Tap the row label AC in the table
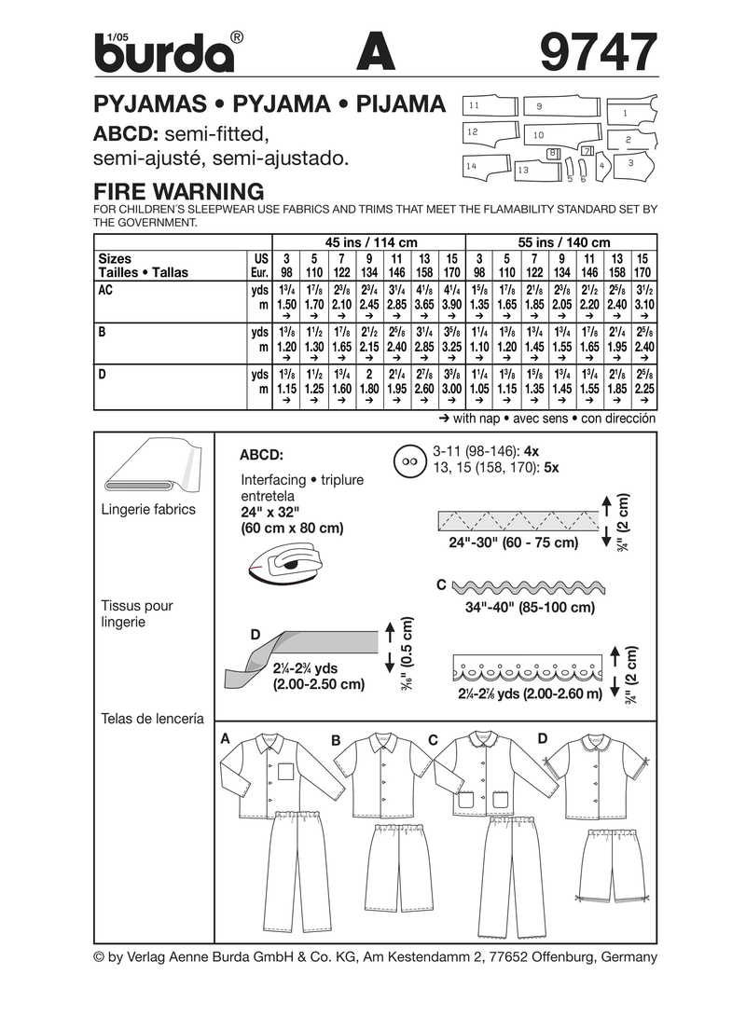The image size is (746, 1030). (106, 290)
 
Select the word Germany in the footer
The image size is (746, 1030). (627, 957)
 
